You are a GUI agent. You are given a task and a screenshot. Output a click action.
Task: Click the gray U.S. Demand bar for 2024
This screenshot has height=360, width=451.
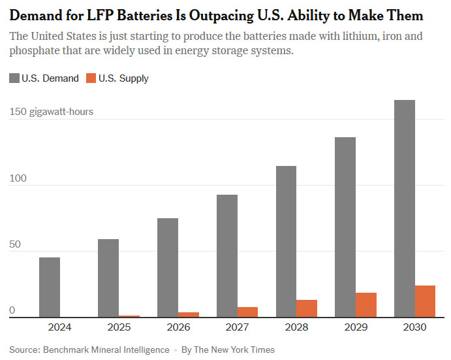pos(50,287)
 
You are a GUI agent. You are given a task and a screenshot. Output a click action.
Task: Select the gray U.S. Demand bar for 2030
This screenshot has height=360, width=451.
pos(405,209)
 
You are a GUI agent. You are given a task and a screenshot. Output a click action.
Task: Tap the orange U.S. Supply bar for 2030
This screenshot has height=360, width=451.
pos(425,301)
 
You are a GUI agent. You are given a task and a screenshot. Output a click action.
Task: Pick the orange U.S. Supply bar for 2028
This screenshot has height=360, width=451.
pos(306,308)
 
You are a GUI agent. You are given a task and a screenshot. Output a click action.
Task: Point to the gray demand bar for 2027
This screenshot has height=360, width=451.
pos(227,256)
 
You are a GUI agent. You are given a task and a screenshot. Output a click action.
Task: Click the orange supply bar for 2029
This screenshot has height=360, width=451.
pos(365,305)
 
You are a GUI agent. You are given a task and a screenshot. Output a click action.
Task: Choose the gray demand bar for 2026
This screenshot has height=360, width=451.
pos(168,268)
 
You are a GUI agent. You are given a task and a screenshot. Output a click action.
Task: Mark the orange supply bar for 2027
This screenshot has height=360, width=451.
pos(247,312)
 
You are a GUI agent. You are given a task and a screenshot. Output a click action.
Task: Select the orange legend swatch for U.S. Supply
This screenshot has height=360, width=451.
pos(91,78)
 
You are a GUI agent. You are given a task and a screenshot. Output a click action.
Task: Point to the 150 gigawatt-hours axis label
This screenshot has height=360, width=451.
pos(52,112)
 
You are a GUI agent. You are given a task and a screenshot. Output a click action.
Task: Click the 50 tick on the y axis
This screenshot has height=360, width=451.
pos(14,244)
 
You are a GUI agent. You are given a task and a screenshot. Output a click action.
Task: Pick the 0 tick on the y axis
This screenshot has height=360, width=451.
pos(12,311)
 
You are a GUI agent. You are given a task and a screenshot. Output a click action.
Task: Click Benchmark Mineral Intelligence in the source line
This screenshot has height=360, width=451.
pos(106,350)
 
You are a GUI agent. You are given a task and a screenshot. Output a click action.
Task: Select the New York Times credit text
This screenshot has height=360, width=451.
pos(228,350)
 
